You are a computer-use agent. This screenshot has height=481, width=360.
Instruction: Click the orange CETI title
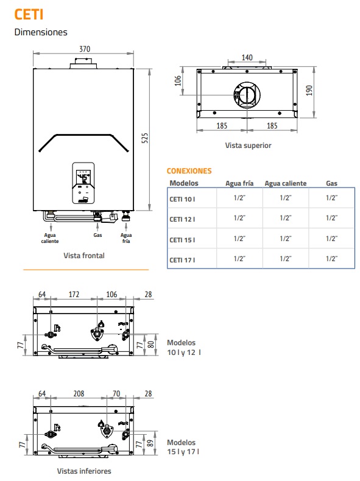[29, 15]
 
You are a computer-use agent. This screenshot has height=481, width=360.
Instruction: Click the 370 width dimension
[85, 49]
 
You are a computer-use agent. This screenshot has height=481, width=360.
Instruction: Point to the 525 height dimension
[145, 138]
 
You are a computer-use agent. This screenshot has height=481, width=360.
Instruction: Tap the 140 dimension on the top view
[247, 57]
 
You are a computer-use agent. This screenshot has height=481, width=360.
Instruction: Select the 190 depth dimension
[309, 90]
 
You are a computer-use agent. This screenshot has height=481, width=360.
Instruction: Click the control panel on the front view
[83, 183]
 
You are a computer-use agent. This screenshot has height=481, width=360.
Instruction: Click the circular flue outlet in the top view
[247, 95]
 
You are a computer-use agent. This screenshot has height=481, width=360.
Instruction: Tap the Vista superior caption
[249, 146]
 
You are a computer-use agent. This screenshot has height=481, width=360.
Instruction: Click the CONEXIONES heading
[189, 171]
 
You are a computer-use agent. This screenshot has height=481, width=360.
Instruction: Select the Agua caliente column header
[286, 183]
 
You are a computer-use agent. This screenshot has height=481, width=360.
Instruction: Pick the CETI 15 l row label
[182, 240]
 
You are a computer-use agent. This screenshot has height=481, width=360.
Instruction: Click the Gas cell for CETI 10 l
[331, 198]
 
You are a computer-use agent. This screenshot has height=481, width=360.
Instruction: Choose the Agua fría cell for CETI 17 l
[239, 259]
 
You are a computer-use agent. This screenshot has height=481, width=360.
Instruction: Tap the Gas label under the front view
[97, 235]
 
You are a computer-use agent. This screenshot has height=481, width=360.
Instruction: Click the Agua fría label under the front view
[126, 238]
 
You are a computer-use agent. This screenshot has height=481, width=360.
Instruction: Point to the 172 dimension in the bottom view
[74, 295]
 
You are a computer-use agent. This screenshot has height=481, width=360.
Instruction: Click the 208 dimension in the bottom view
[79, 393]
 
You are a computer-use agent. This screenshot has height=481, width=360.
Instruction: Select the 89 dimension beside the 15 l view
[150, 443]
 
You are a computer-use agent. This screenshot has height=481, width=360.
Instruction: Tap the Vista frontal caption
[84, 256]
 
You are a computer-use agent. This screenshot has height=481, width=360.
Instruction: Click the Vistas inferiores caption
[84, 471]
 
